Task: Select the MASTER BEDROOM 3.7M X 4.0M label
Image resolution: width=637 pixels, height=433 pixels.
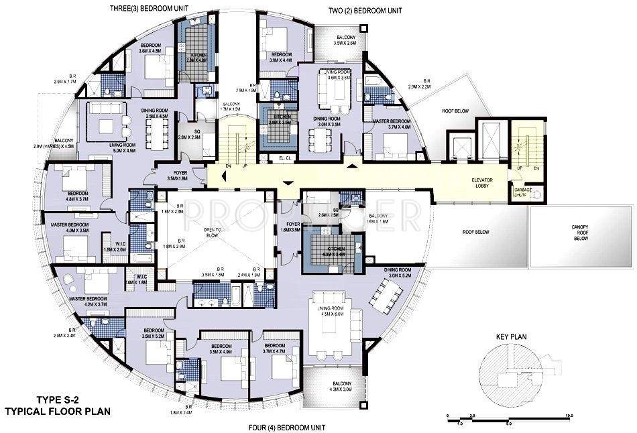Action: pos(395,123)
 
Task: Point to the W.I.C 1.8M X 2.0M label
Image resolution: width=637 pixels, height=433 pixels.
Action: pos(115,247)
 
